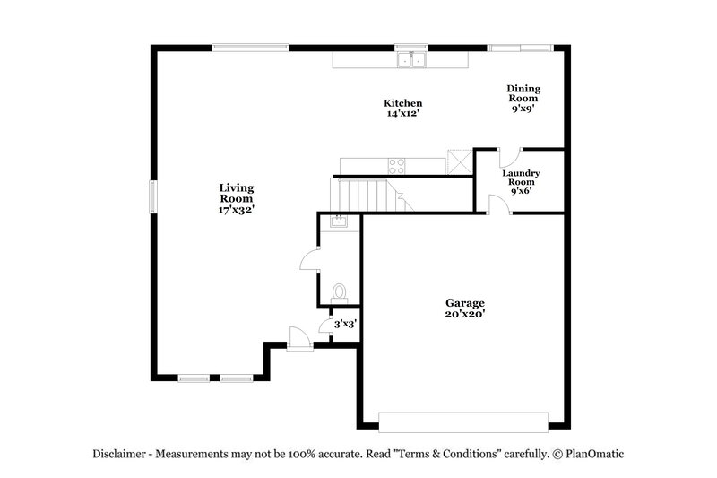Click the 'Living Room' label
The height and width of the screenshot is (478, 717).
(x=237, y=193)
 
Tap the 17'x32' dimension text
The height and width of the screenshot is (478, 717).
(x=237, y=209)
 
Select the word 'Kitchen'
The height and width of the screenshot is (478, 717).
(x=403, y=103)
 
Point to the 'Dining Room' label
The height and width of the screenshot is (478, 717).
(x=523, y=92)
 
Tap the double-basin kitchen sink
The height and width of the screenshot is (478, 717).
(x=412, y=60)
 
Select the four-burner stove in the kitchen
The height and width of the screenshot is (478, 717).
(x=395, y=165)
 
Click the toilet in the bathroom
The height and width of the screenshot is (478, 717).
(x=339, y=292)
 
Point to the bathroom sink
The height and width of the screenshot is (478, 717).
(x=338, y=222)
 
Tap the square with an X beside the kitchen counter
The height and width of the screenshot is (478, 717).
(x=460, y=164)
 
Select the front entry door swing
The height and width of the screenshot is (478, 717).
(x=296, y=338)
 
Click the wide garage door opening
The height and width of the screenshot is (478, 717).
(x=463, y=422)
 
